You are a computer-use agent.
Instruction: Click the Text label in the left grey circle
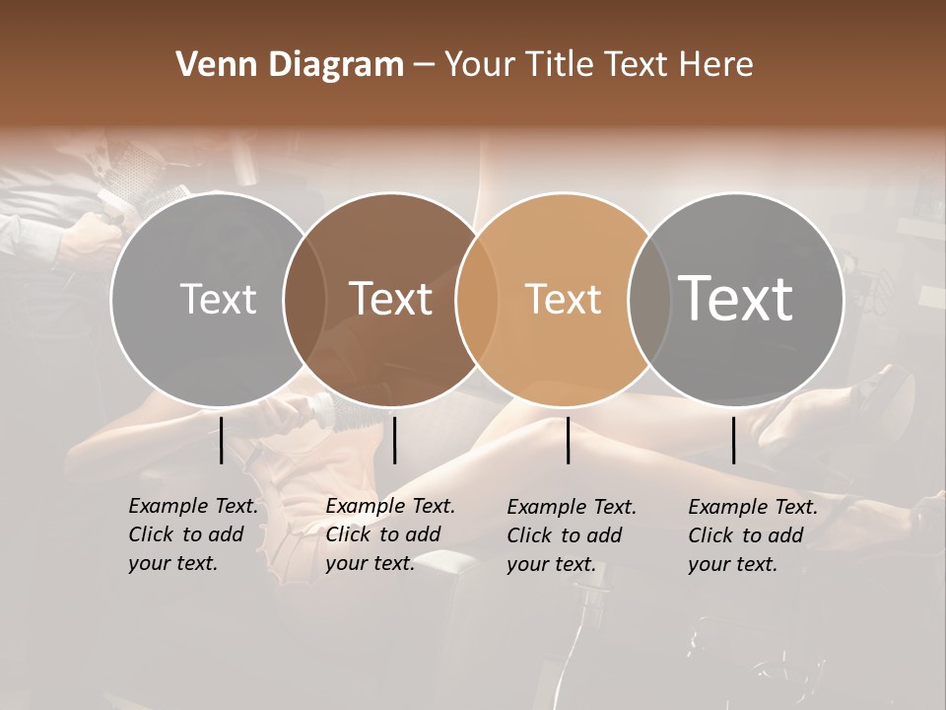tap(218, 299)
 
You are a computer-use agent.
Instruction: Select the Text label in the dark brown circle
tap(390, 299)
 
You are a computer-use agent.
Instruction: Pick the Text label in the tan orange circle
tap(563, 299)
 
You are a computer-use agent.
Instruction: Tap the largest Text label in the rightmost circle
tap(736, 298)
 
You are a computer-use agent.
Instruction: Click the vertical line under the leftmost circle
tap(221, 440)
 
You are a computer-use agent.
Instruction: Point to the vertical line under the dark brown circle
tap(394, 440)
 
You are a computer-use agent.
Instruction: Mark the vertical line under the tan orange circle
tap(569, 440)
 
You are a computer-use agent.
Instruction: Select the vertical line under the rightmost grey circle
tap(733, 440)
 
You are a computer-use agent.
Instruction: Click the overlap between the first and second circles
tap(304, 299)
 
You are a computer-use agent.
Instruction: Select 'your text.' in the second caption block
tap(371, 563)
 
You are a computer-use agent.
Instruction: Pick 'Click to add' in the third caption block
tap(565, 535)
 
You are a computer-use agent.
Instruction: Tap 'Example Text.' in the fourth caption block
tap(753, 507)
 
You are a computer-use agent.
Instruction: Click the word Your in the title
tap(477, 65)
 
